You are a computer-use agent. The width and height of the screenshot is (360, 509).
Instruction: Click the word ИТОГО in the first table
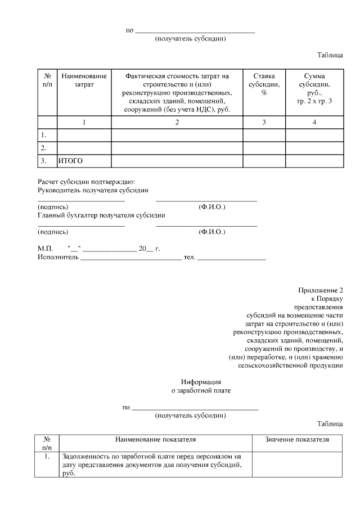70,161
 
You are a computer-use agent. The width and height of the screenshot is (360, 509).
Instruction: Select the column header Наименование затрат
84,80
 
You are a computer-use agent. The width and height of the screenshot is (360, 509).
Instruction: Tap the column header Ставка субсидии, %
264,84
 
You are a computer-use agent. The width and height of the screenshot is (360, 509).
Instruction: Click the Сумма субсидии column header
314,89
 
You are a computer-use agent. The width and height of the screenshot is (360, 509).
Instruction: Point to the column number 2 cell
177,123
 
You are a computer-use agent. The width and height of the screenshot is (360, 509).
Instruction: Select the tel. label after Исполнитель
189,258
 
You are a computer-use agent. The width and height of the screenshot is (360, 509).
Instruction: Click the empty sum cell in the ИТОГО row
314,161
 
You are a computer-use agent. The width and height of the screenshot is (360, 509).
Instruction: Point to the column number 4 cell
314,123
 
